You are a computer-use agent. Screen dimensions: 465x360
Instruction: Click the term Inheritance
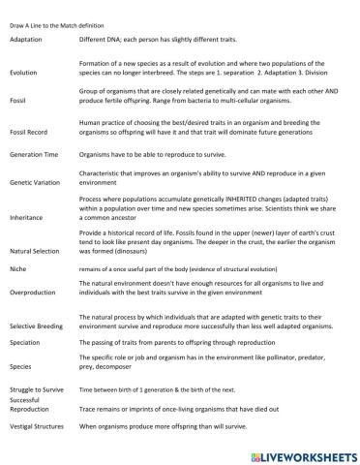tap(27, 218)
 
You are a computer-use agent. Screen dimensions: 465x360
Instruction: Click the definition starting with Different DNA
tap(165, 40)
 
